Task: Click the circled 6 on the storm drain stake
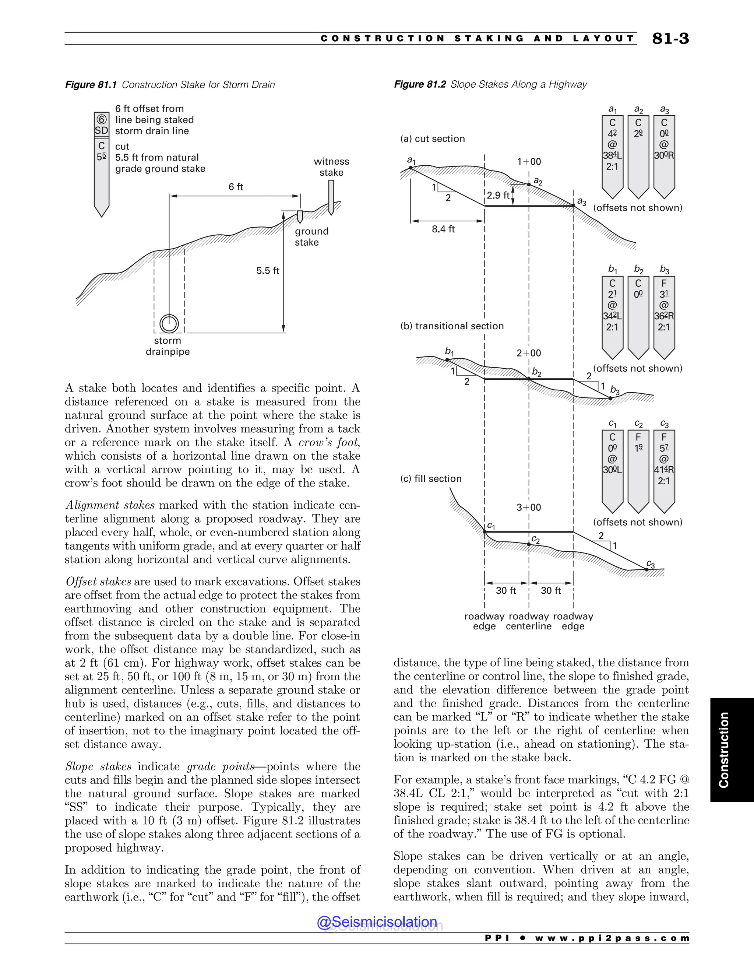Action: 101,119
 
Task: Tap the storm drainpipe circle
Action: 169,323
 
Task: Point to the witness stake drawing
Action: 331,197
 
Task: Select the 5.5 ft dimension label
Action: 268,270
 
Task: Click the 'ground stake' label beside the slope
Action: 311,237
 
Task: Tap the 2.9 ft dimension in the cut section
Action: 498,195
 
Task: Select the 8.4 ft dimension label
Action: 443,229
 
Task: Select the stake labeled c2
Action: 638,469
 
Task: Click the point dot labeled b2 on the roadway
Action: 529,379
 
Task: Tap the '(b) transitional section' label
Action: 452,326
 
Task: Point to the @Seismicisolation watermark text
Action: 377,921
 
